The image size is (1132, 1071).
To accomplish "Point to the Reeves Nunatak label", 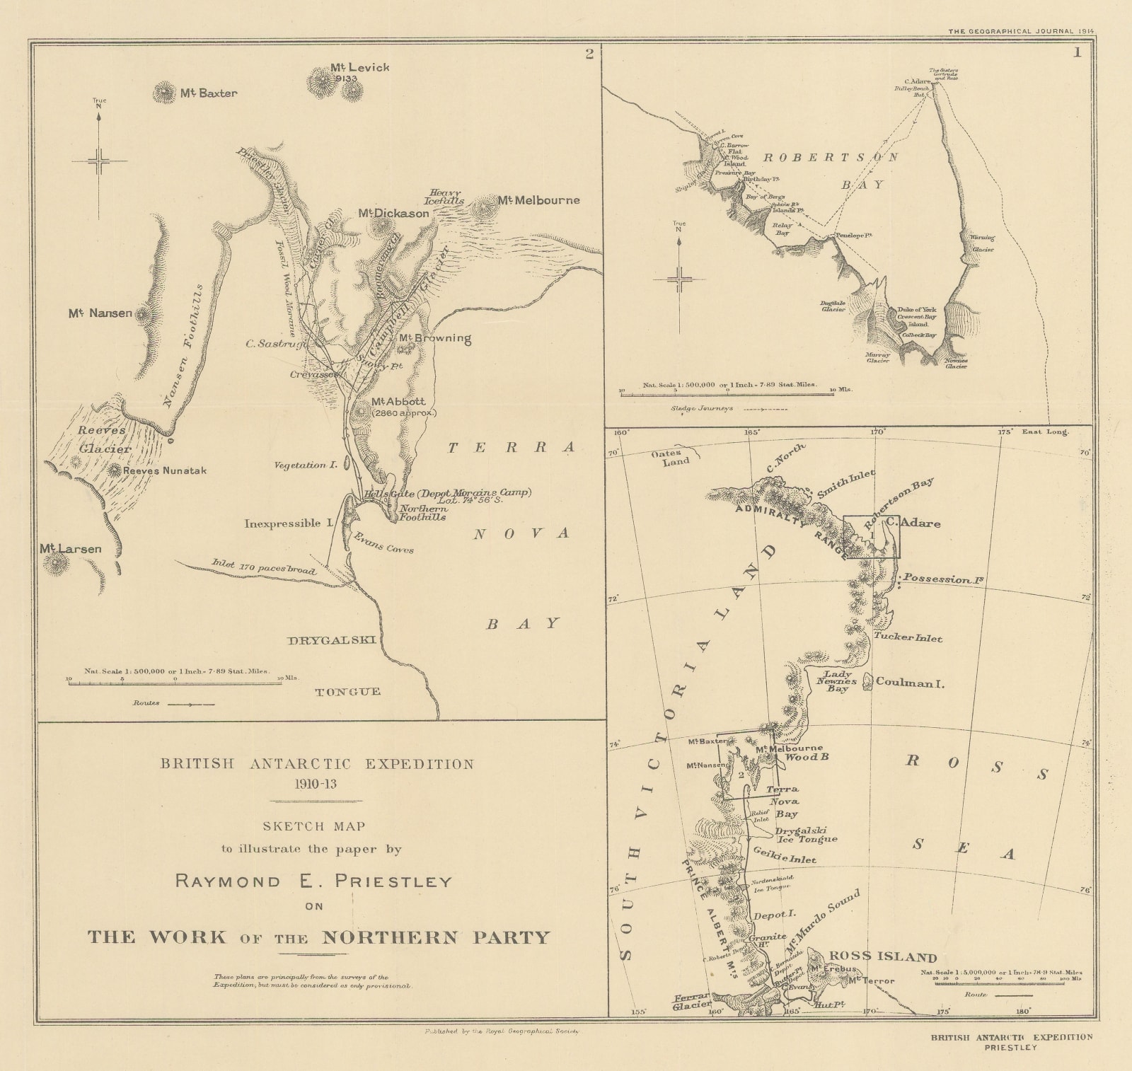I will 164,470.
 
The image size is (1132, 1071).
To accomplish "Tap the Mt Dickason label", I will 393,213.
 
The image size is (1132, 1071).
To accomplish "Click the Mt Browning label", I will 434,338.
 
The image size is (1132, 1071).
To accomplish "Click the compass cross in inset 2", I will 99,161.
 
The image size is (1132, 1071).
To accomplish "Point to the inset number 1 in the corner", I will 1078,53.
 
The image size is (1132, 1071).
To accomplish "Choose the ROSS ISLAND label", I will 882,957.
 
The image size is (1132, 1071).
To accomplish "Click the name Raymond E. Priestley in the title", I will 313,881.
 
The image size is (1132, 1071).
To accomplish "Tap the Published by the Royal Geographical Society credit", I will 501,1031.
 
